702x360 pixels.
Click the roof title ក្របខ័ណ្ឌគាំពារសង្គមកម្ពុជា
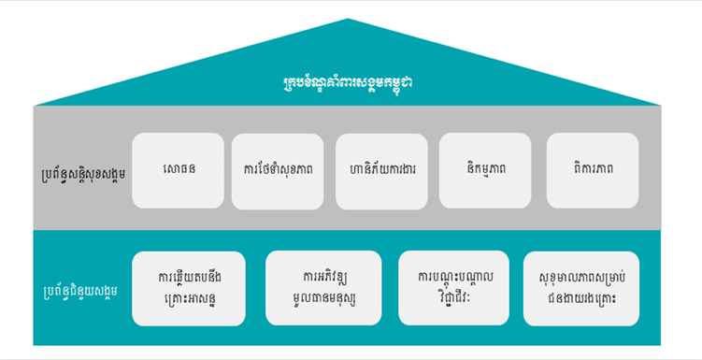point(348,82)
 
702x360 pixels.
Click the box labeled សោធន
point(178,171)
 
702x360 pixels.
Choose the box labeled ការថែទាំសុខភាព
point(278,171)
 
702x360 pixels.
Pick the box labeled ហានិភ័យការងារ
point(381,171)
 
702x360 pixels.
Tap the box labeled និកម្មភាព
point(485,171)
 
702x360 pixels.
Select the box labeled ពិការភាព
point(593,171)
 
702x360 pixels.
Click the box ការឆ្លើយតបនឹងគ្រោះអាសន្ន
point(189,288)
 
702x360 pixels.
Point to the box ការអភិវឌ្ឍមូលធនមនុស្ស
point(323,288)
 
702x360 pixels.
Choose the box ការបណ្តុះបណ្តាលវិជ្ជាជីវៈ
point(453,288)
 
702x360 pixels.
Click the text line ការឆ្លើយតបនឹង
point(189,277)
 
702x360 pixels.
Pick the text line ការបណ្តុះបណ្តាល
point(453,277)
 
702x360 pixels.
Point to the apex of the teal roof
point(348,20)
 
